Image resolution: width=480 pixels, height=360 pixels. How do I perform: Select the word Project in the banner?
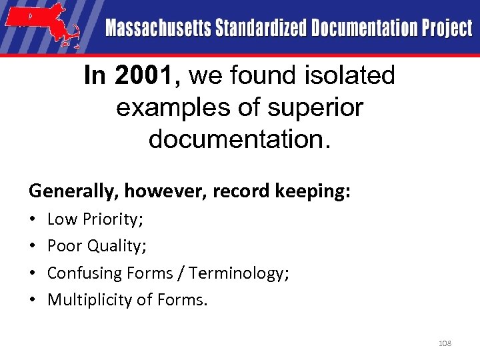coord(447,29)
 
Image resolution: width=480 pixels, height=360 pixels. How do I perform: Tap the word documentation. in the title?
coord(239,139)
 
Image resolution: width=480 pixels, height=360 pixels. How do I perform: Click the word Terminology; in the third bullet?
coord(239,273)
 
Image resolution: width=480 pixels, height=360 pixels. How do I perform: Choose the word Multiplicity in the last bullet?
coord(90,301)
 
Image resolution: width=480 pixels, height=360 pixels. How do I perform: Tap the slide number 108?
coord(445,343)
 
